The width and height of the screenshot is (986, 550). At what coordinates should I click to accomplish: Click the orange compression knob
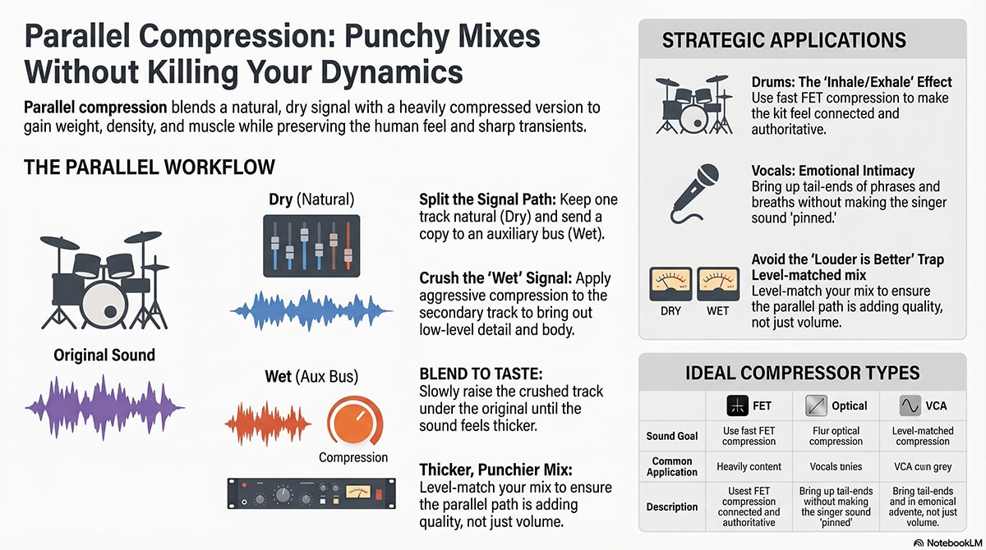(x=355, y=422)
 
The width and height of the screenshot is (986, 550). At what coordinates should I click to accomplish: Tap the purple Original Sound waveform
(x=105, y=408)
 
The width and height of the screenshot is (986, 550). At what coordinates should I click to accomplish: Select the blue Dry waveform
(x=311, y=311)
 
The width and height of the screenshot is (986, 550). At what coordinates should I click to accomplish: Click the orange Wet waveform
(x=268, y=424)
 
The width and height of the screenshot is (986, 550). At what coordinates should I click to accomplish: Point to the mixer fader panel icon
(x=311, y=245)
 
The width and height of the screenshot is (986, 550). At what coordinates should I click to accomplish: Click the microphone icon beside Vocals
(x=694, y=194)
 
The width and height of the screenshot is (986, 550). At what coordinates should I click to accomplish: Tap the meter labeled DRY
(x=670, y=284)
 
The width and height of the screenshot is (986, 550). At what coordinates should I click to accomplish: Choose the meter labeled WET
(x=718, y=284)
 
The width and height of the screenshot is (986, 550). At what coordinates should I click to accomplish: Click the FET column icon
(x=737, y=406)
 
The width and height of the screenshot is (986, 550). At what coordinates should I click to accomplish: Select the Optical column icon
(x=816, y=406)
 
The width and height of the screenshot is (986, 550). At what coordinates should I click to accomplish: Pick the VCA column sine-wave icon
(x=910, y=406)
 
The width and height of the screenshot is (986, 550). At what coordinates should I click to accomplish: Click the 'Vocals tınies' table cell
(x=836, y=466)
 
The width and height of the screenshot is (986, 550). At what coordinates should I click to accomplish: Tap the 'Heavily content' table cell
(x=749, y=466)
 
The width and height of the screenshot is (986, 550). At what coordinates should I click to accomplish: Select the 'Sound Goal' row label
(x=672, y=436)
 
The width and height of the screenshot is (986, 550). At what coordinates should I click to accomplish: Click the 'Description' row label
(x=672, y=507)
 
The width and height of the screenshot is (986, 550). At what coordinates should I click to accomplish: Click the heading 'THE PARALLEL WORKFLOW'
(x=150, y=167)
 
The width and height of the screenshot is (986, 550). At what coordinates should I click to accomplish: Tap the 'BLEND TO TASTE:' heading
(x=481, y=374)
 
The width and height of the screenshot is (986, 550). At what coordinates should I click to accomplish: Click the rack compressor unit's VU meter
(x=358, y=492)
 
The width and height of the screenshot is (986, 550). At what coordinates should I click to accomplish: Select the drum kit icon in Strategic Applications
(x=694, y=104)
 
